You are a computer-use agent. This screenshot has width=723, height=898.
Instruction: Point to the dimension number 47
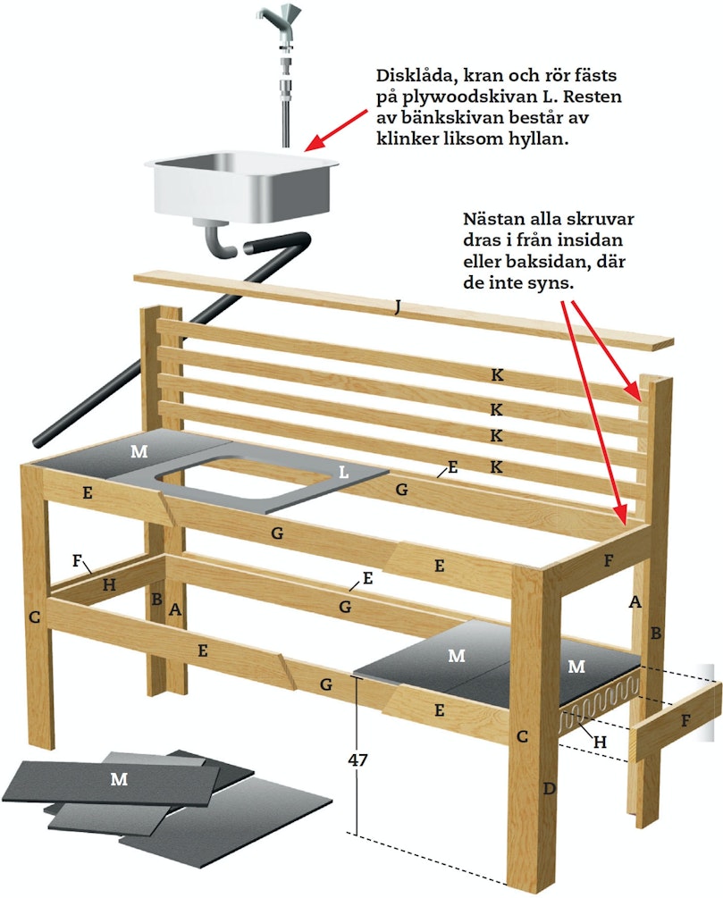pos(357,760)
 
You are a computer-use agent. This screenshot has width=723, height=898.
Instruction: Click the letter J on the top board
pos(397,307)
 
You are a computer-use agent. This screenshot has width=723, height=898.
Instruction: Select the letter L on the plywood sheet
pos(343,472)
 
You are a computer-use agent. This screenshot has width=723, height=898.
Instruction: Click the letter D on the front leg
pos(549,789)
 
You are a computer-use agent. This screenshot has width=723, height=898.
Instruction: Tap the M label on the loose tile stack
pos(119,779)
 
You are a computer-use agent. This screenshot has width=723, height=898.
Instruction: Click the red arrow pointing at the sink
pos(336,130)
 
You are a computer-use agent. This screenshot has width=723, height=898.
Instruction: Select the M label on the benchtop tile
pos(139,452)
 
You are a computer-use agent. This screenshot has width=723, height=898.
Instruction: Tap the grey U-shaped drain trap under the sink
pos(218,241)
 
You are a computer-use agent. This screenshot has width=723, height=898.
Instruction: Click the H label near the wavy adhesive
pos(600,743)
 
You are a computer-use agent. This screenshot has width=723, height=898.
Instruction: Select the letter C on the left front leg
pos(34,617)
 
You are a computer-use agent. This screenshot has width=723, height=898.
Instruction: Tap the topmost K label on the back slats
pos(497,375)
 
